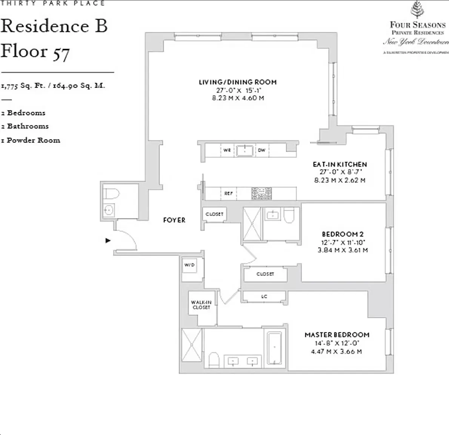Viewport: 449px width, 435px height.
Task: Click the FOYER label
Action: pos(174,220)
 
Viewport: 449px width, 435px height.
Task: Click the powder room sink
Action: pos(109,210)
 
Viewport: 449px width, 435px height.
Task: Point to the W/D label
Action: pos(189,265)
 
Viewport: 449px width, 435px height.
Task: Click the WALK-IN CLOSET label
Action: pos(201,305)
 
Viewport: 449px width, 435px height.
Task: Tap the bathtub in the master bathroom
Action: pos(274,347)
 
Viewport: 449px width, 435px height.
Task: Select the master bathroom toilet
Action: pos(214,360)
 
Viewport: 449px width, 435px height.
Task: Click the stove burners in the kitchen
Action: pos(261,193)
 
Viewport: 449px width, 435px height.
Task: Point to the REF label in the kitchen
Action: pos(228,193)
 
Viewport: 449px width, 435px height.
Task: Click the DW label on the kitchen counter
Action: pos(261,150)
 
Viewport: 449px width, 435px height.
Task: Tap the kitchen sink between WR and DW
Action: pos(245,150)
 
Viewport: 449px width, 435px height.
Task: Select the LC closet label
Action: pos(264,297)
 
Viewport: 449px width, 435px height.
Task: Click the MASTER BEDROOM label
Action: pos(337,335)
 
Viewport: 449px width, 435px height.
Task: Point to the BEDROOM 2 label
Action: pos(343,234)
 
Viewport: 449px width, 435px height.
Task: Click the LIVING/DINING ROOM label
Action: pos(238,82)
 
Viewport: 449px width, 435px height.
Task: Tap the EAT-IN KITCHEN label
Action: pos(340,164)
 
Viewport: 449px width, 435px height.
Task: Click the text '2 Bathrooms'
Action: pos(25,126)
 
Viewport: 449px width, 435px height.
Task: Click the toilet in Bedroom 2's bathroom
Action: pos(289,216)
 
